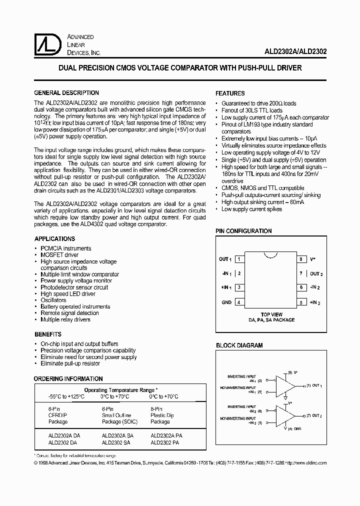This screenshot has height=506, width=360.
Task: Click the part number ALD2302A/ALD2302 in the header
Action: pyautogui.click(x=296, y=51)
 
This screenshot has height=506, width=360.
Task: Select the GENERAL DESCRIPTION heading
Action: pyautogui.click(x=66, y=93)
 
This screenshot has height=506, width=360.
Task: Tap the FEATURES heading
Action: pyautogui.click(x=230, y=93)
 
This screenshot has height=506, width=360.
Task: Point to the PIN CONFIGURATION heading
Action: pyautogui.click(x=243, y=231)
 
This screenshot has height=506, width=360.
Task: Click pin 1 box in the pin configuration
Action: pyautogui.click(x=240, y=259)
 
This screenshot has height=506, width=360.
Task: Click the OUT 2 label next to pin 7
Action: pyautogui.click(x=316, y=273)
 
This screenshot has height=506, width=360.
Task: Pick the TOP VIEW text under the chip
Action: pyautogui.click(x=271, y=314)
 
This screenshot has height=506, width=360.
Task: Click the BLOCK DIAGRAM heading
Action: pyautogui.click(x=239, y=345)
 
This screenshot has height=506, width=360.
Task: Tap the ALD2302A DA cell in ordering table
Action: pyautogui.click(x=64, y=435)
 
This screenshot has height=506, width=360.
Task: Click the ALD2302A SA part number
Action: pyautogui.click(x=118, y=435)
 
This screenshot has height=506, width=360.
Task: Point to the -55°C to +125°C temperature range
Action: pyautogui.click(x=66, y=396)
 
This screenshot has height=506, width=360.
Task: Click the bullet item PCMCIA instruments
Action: pyautogui.click(x=65, y=248)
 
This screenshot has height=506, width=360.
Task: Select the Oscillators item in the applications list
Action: pyautogui.click(x=53, y=300)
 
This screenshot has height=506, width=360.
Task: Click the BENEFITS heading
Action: pyautogui.click(x=48, y=334)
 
